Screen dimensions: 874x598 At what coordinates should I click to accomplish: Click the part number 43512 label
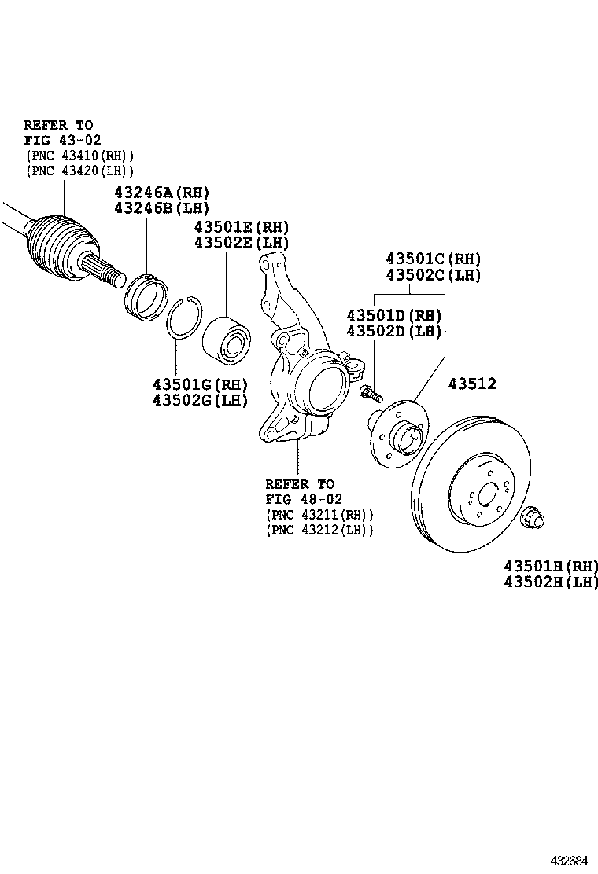point(472,384)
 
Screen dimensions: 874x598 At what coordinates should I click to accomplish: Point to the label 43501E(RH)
point(242,227)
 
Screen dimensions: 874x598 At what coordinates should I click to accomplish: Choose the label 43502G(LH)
point(200,400)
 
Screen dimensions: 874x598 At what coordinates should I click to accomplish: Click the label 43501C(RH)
point(433,259)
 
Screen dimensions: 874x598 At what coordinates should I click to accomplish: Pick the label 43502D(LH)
point(394,331)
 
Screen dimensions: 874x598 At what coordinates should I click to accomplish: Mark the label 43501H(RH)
point(551,566)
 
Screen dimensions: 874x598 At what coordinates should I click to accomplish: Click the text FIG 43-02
point(62,140)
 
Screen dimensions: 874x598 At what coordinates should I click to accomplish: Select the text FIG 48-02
point(304,499)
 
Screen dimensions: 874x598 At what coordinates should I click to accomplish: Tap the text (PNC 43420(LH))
point(79,170)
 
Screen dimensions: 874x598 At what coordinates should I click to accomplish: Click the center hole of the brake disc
point(485,496)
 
